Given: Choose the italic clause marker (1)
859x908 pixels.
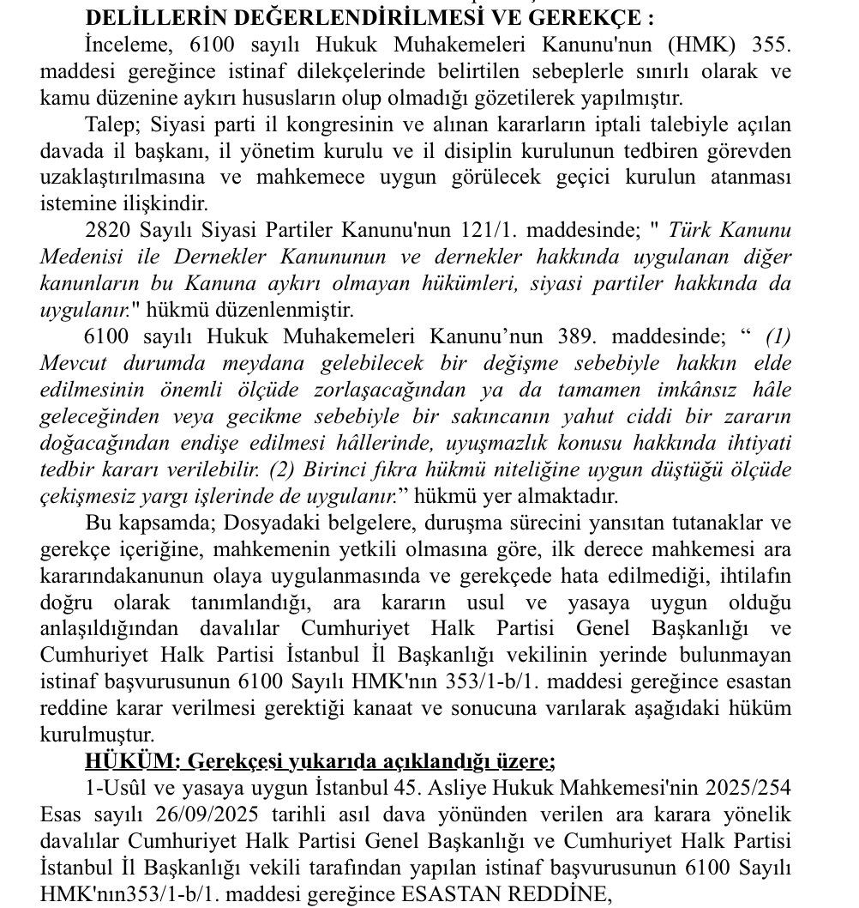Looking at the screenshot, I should [x=778, y=337].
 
